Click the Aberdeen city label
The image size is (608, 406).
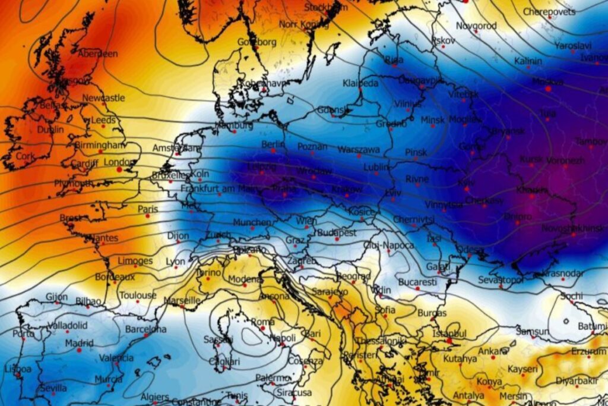tap(98, 53)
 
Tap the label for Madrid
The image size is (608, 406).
tap(79, 344)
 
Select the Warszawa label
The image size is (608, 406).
tap(359, 149)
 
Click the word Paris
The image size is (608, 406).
tap(148, 209)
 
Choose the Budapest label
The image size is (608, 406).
tap(336, 232)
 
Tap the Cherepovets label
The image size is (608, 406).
tap(549, 12)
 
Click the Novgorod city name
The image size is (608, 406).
tap(476, 26)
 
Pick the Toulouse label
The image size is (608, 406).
tap(138, 295)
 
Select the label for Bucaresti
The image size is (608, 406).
tap(417, 281)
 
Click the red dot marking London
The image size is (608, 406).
tap(119, 169)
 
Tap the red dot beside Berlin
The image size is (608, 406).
tap(273, 150)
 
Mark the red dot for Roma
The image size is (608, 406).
tap(262, 328)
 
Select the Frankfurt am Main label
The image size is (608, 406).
tap(217, 189)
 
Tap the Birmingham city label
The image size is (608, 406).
tap(100, 144)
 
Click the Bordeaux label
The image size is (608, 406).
tap(115, 277)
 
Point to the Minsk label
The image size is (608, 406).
tap(432, 120)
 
